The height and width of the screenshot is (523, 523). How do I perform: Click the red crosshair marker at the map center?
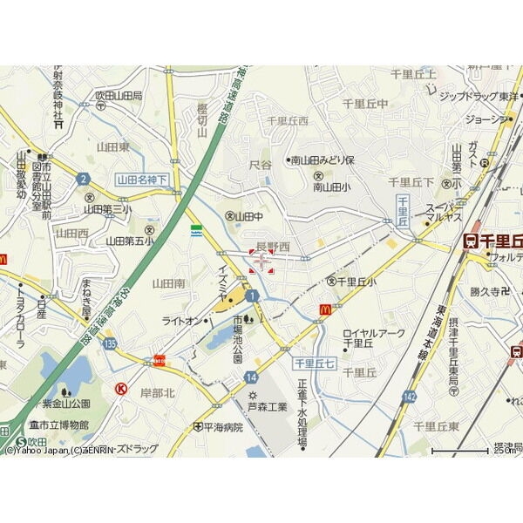tap(261, 261)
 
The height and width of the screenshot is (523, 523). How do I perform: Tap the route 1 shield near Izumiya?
tap(252, 297)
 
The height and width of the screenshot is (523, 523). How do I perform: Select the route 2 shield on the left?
tap(84, 179)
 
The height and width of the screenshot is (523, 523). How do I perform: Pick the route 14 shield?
tap(251, 377)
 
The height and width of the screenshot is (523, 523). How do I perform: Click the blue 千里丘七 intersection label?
tap(313, 362)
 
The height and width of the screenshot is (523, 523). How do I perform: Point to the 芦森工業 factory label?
tap(268, 405)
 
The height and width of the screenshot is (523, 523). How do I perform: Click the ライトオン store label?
tap(180, 322)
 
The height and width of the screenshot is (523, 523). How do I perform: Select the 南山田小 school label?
tap(331, 187)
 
